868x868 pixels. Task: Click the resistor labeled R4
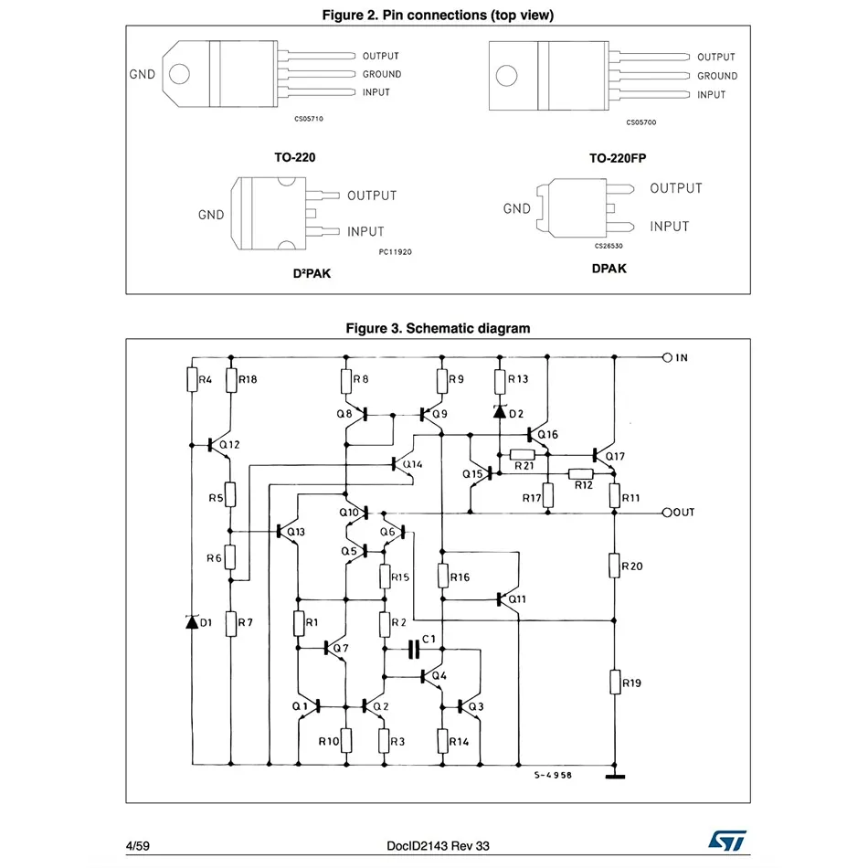click(192, 378)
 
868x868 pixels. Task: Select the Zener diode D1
click(192, 622)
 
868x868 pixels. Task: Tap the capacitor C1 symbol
click(414, 650)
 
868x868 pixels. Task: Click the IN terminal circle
click(667, 357)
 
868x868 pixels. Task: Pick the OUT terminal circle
click(667, 513)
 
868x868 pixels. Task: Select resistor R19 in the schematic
click(614, 682)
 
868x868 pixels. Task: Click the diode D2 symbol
click(500, 411)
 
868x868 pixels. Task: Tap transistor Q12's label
click(229, 445)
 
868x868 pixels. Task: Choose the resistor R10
click(346, 741)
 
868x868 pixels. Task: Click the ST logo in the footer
click(727, 839)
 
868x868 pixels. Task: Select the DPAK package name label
click(609, 269)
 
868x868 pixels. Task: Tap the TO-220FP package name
click(618, 158)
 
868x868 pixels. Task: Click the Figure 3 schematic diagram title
click(437, 328)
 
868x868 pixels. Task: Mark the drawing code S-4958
click(553, 775)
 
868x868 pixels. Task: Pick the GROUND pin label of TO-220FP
click(716, 76)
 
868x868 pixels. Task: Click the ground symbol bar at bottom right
click(615, 778)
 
